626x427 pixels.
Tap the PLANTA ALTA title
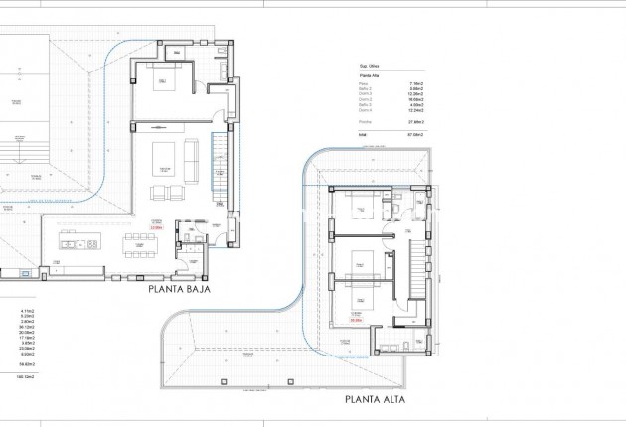coord(376,400)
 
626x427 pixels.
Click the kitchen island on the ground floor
coord(75,241)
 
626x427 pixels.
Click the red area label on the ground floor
coord(156,227)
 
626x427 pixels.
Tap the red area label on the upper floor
coord(356,320)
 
